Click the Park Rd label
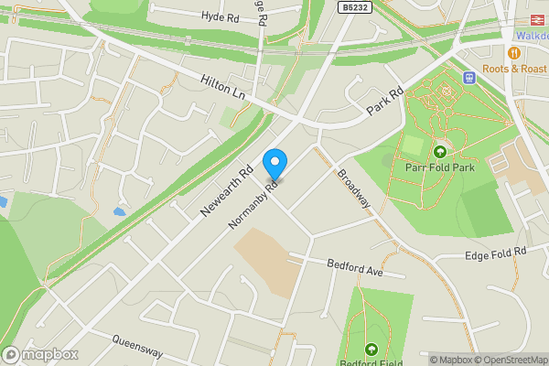pyautogui.click(x=384, y=101)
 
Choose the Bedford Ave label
pyautogui.click(x=352, y=268)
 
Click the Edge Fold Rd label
pyautogui.click(x=496, y=253)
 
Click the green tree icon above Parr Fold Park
pyautogui.click(x=440, y=152)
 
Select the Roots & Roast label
pyautogui.click(x=516, y=69)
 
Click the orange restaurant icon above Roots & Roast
pyautogui.click(x=513, y=53)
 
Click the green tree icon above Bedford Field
pyautogui.click(x=371, y=349)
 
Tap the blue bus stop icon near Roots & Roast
pyautogui.click(x=470, y=77)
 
